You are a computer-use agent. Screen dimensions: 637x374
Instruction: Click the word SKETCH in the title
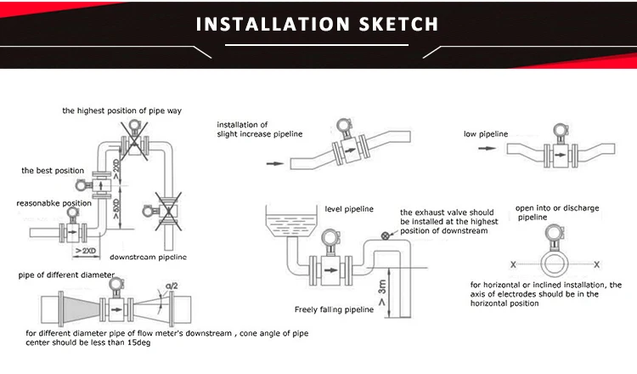pos(389,24)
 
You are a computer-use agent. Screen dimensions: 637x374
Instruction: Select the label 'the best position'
pos(53,171)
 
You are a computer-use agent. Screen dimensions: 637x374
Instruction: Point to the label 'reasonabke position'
pos(54,203)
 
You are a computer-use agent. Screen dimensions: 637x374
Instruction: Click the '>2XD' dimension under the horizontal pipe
pos(85,251)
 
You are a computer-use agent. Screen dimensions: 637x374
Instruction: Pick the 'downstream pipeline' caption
pos(148,257)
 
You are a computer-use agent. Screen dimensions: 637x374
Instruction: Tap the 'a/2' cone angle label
pos(172,285)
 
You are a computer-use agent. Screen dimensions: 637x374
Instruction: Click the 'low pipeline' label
pos(487,133)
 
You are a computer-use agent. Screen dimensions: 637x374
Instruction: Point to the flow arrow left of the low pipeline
pos(487,149)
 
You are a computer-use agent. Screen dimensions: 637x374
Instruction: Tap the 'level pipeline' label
pos(349,208)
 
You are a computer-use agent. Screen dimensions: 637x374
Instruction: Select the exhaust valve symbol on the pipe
pos(386,236)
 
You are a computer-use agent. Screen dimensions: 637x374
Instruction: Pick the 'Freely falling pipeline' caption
pos(335,309)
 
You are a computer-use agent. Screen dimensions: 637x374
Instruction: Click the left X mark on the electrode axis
pos(512,264)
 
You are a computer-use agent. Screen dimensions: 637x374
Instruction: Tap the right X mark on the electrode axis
pos(596,264)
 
